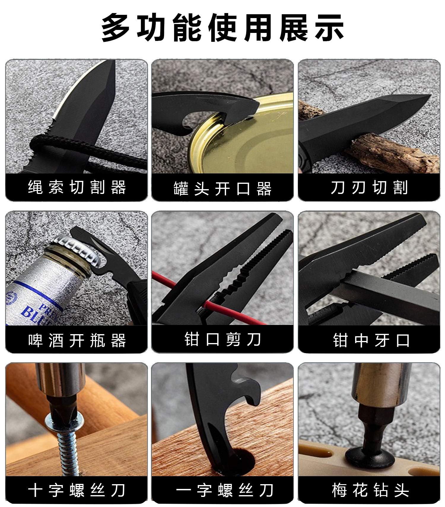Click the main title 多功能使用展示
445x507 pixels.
coord(223,27)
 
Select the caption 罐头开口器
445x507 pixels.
coord(223,189)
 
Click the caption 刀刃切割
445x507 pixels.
coord(369,187)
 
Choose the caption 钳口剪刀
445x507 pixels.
coord(223,339)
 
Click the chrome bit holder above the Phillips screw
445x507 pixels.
coord(62,382)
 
